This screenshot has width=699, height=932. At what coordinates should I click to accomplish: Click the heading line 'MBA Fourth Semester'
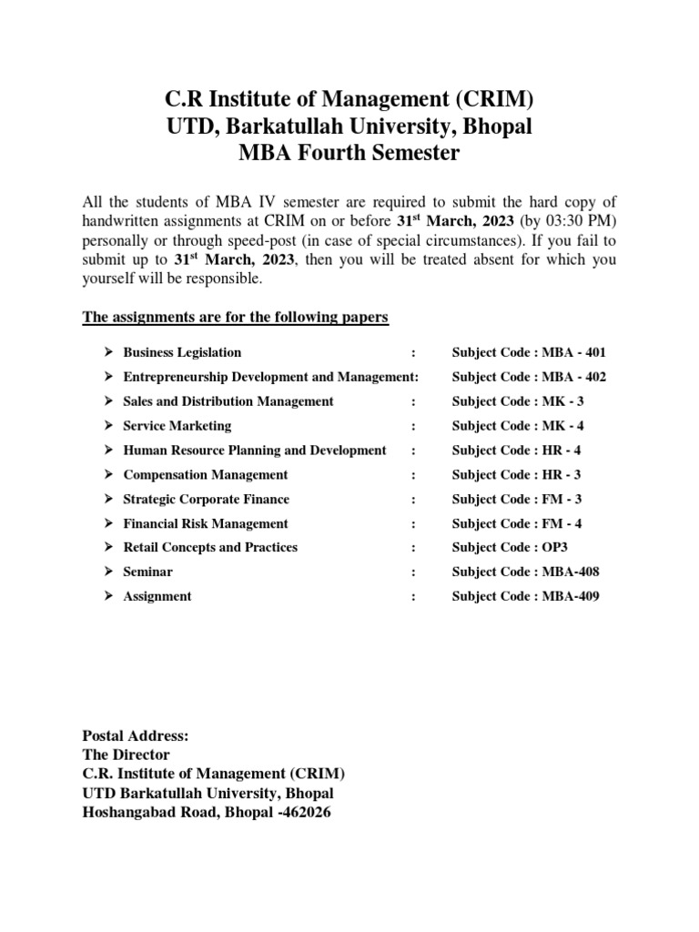[349, 153]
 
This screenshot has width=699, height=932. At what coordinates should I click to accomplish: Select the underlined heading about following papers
[236, 317]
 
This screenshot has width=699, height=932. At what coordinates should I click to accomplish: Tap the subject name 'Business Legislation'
[182, 352]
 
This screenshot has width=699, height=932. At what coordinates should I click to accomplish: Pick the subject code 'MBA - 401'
[573, 352]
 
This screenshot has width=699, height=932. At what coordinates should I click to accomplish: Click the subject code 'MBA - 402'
[573, 377]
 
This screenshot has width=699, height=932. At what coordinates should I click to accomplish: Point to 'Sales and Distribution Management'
[228, 401]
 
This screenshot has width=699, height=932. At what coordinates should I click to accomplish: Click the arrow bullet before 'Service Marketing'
[106, 426]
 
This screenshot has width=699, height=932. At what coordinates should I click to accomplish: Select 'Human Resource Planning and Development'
[255, 451]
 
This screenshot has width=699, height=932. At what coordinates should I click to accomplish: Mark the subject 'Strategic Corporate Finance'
[207, 500]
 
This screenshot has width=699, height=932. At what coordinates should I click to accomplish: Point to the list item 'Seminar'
[148, 572]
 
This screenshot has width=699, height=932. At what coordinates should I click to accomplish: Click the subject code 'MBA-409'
[571, 597]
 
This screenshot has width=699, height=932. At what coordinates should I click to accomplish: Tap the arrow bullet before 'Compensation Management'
[106, 475]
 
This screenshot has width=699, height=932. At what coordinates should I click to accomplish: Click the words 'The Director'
[126, 755]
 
